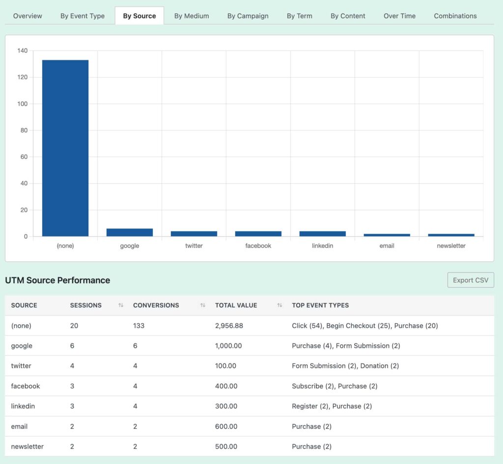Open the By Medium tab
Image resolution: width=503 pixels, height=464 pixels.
tap(192, 16)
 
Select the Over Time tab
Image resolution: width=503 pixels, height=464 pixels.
tap(399, 16)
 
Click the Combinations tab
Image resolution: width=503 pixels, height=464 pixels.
tap(455, 16)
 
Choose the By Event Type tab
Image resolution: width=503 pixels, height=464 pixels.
tap(83, 16)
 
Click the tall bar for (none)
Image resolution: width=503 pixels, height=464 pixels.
tap(65, 147)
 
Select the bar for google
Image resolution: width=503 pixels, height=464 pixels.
tap(130, 232)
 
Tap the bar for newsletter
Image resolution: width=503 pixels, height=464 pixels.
tap(451, 235)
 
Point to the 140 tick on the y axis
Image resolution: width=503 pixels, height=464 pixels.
tap(22, 51)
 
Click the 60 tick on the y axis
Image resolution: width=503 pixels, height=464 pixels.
tap(24, 157)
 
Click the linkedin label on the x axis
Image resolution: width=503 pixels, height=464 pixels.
tap(322, 246)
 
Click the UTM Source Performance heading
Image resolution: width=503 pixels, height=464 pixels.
tap(57, 280)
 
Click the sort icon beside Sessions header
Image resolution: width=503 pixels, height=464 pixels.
tap(121, 305)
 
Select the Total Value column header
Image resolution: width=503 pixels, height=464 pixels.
tap(236, 305)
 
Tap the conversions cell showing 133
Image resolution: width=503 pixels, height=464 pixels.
tap(139, 326)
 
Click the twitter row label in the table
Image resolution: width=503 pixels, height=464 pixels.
tap(22, 366)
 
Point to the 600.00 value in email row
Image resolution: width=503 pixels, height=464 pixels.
tap(226, 426)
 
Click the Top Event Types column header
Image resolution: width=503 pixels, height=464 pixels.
tap(320, 305)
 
